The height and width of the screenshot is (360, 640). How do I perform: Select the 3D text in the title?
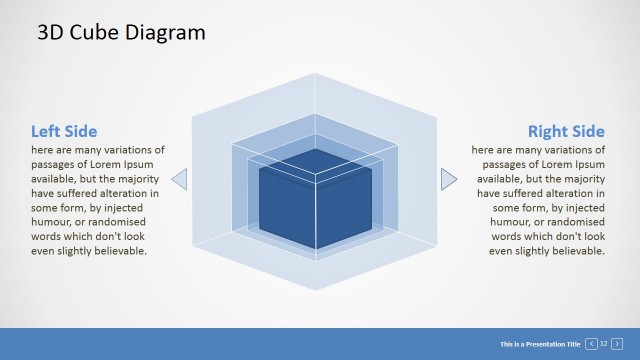51,32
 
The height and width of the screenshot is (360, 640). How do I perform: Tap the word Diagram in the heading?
166,32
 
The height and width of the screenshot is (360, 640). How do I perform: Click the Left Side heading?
64,131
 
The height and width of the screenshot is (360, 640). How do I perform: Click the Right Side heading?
566,131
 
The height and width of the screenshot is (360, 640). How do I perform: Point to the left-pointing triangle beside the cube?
180,180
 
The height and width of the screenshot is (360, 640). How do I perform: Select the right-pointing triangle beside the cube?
448,180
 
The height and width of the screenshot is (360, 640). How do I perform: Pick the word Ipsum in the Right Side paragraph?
587,164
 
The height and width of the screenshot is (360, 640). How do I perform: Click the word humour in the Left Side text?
56,222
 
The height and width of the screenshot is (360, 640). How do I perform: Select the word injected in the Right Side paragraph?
585,208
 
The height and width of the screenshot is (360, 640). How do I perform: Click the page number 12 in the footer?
604,344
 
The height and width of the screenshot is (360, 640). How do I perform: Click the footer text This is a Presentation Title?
540,344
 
